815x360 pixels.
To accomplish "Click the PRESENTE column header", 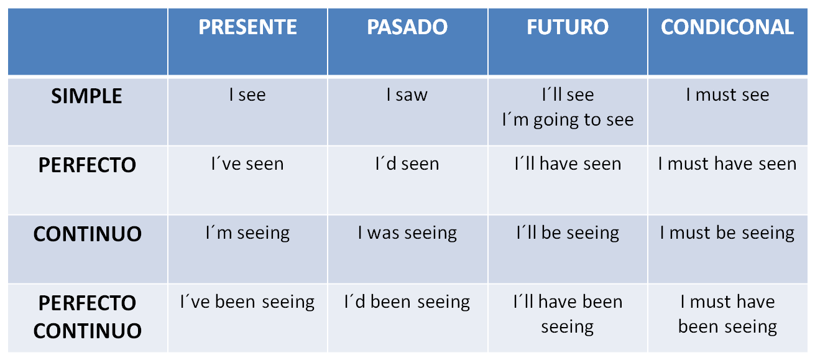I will [x=247, y=27].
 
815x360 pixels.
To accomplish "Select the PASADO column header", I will [x=407, y=27].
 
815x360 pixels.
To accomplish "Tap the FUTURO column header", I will [x=568, y=27].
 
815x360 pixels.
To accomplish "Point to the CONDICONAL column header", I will [x=727, y=27].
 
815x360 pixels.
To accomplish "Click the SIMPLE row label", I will [x=87, y=96].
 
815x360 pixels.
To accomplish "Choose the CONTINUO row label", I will [x=87, y=234].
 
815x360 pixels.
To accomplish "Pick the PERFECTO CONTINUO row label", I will [x=87, y=316].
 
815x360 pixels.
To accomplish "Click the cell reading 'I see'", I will [x=247, y=95].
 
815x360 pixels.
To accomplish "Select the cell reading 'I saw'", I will [x=407, y=95].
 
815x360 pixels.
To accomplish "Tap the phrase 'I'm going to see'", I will [x=568, y=119].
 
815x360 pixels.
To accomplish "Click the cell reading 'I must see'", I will [x=727, y=95].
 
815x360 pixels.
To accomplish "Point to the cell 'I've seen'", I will [x=247, y=164].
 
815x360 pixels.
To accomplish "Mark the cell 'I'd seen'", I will [x=407, y=164].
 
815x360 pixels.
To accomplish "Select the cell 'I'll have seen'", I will [x=568, y=164].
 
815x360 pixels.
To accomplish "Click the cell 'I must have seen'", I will [x=727, y=164].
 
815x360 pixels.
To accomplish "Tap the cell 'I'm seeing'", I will [x=247, y=233].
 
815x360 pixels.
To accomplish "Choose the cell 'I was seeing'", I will [x=407, y=233].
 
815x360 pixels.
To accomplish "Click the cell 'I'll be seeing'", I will [x=568, y=233].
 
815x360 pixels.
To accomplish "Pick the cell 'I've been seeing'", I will [x=247, y=302].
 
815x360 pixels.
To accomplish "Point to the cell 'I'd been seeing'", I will [x=407, y=302].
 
